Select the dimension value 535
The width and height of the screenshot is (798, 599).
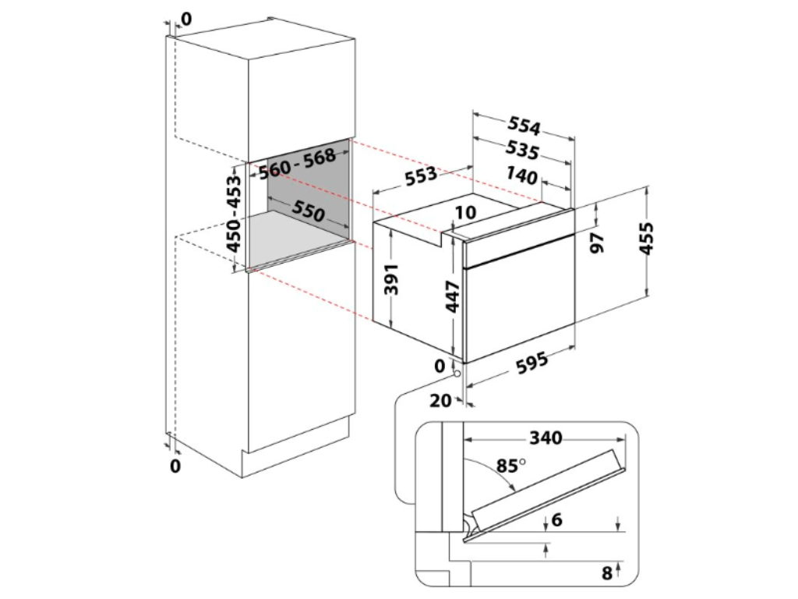click(523, 149)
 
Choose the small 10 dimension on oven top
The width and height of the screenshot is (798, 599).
click(466, 212)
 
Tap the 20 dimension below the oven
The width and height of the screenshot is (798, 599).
click(440, 402)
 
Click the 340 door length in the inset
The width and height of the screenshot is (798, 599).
click(546, 438)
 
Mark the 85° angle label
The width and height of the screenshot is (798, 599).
click(510, 467)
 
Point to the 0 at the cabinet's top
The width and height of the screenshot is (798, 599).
click(185, 17)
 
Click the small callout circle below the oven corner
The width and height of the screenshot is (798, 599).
click(456, 373)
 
